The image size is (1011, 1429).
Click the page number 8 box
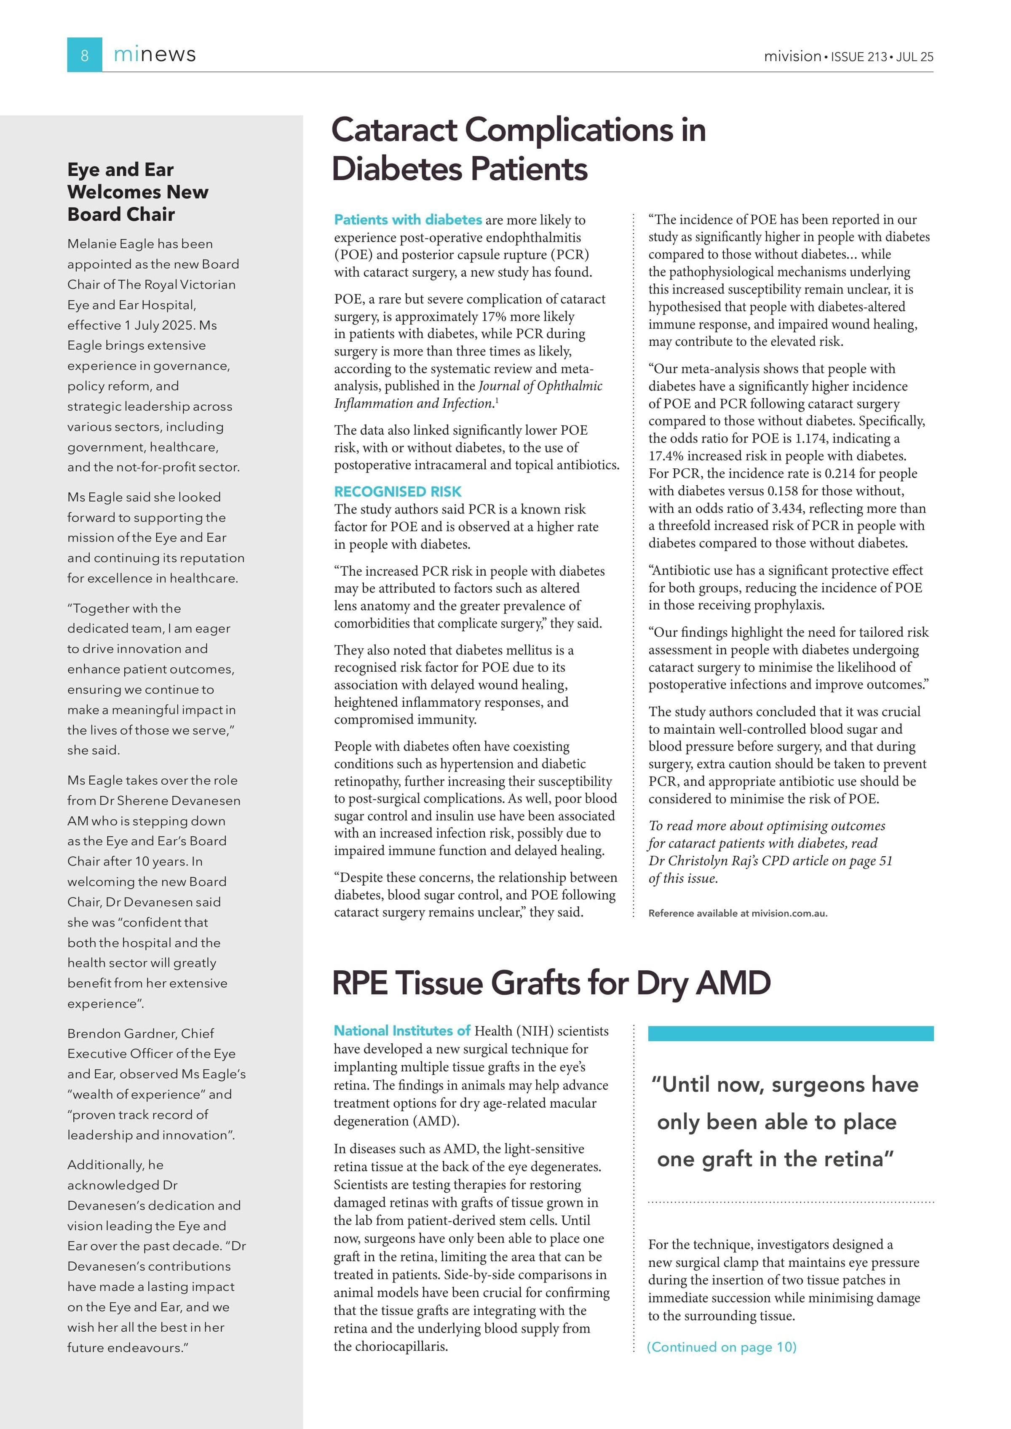tap(85, 55)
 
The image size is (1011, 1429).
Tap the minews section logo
tap(155, 55)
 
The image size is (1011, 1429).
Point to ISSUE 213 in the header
tap(859, 56)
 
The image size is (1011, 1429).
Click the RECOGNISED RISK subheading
tap(398, 491)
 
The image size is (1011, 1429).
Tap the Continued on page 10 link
tap(722, 1347)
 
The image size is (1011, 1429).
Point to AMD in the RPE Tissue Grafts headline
tap(733, 983)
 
